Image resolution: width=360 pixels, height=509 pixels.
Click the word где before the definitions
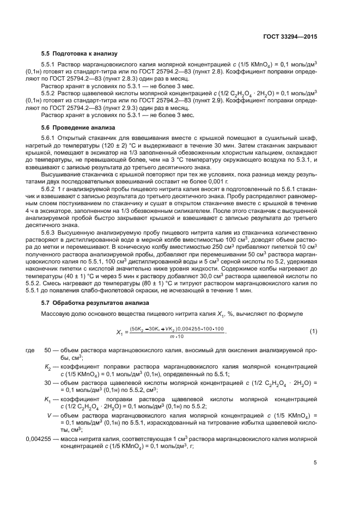31,351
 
